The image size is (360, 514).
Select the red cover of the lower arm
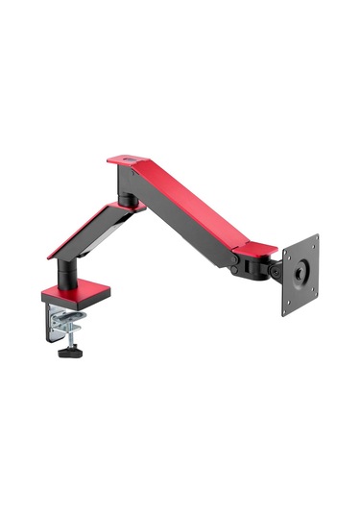click(91, 232)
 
